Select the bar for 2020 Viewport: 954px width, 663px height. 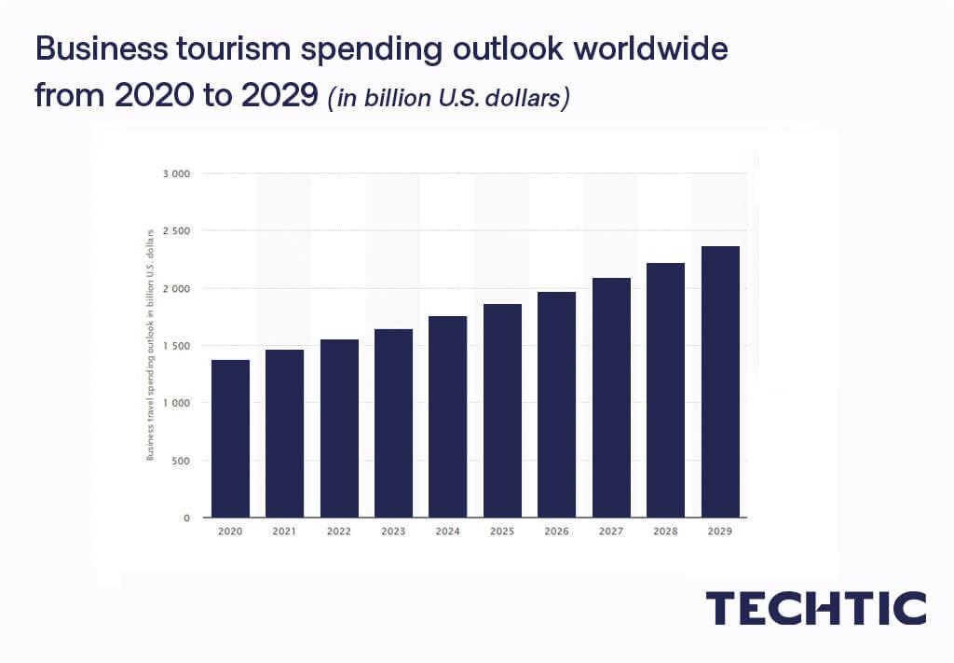pyautogui.click(x=230, y=438)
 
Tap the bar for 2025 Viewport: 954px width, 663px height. pyautogui.click(x=502, y=410)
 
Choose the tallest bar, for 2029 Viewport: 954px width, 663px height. pyautogui.click(x=720, y=381)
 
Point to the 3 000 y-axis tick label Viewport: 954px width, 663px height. pyautogui.click(x=176, y=173)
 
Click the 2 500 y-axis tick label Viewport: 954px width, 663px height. pyautogui.click(x=176, y=230)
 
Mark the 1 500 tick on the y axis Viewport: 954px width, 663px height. pyautogui.click(x=176, y=346)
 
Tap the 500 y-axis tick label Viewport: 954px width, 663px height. pyautogui.click(x=182, y=461)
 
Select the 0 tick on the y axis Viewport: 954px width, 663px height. pyautogui.click(x=186, y=518)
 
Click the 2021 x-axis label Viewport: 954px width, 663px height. pyautogui.click(x=284, y=532)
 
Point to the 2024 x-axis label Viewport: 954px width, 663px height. pyautogui.click(x=447, y=532)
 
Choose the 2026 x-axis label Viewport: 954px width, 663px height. pyautogui.click(x=556, y=532)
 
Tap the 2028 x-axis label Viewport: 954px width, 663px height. pyautogui.click(x=665, y=532)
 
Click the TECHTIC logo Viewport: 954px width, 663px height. pyautogui.click(x=815, y=608)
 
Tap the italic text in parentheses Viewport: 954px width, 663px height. pyautogui.click(x=447, y=97)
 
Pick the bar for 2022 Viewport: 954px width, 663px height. pyautogui.click(x=339, y=428)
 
